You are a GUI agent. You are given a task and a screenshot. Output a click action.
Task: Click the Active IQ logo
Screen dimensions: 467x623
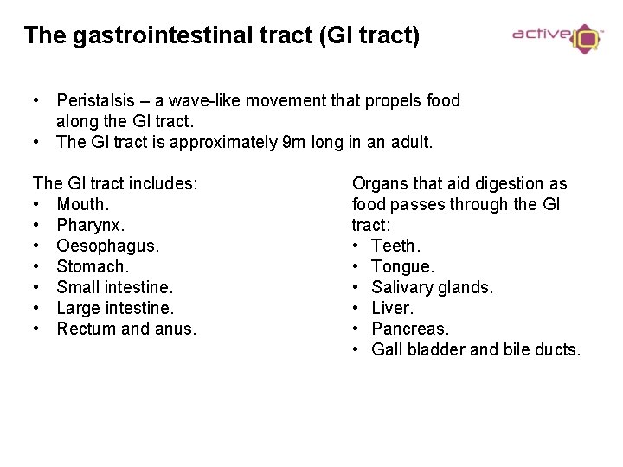[x=556, y=37]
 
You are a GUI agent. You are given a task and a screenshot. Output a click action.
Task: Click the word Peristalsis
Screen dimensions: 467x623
[x=97, y=101]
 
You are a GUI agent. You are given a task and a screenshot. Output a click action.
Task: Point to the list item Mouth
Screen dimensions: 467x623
[x=81, y=204]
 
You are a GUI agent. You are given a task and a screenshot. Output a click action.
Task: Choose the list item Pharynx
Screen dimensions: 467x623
[x=91, y=225]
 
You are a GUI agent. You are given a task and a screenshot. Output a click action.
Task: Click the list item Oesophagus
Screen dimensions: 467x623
[x=107, y=246]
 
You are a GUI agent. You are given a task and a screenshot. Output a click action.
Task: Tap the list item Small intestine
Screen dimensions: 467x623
[x=115, y=287]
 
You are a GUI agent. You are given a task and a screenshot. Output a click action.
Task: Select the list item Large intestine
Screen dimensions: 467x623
[x=115, y=308]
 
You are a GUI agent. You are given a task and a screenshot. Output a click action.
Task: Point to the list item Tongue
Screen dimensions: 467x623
[x=402, y=266]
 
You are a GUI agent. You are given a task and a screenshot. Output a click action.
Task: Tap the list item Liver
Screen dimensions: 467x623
[x=392, y=308]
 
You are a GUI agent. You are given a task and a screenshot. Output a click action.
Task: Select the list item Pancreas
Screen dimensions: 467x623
[x=409, y=329]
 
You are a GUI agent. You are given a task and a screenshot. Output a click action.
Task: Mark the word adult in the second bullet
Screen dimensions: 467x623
[x=408, y=143]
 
